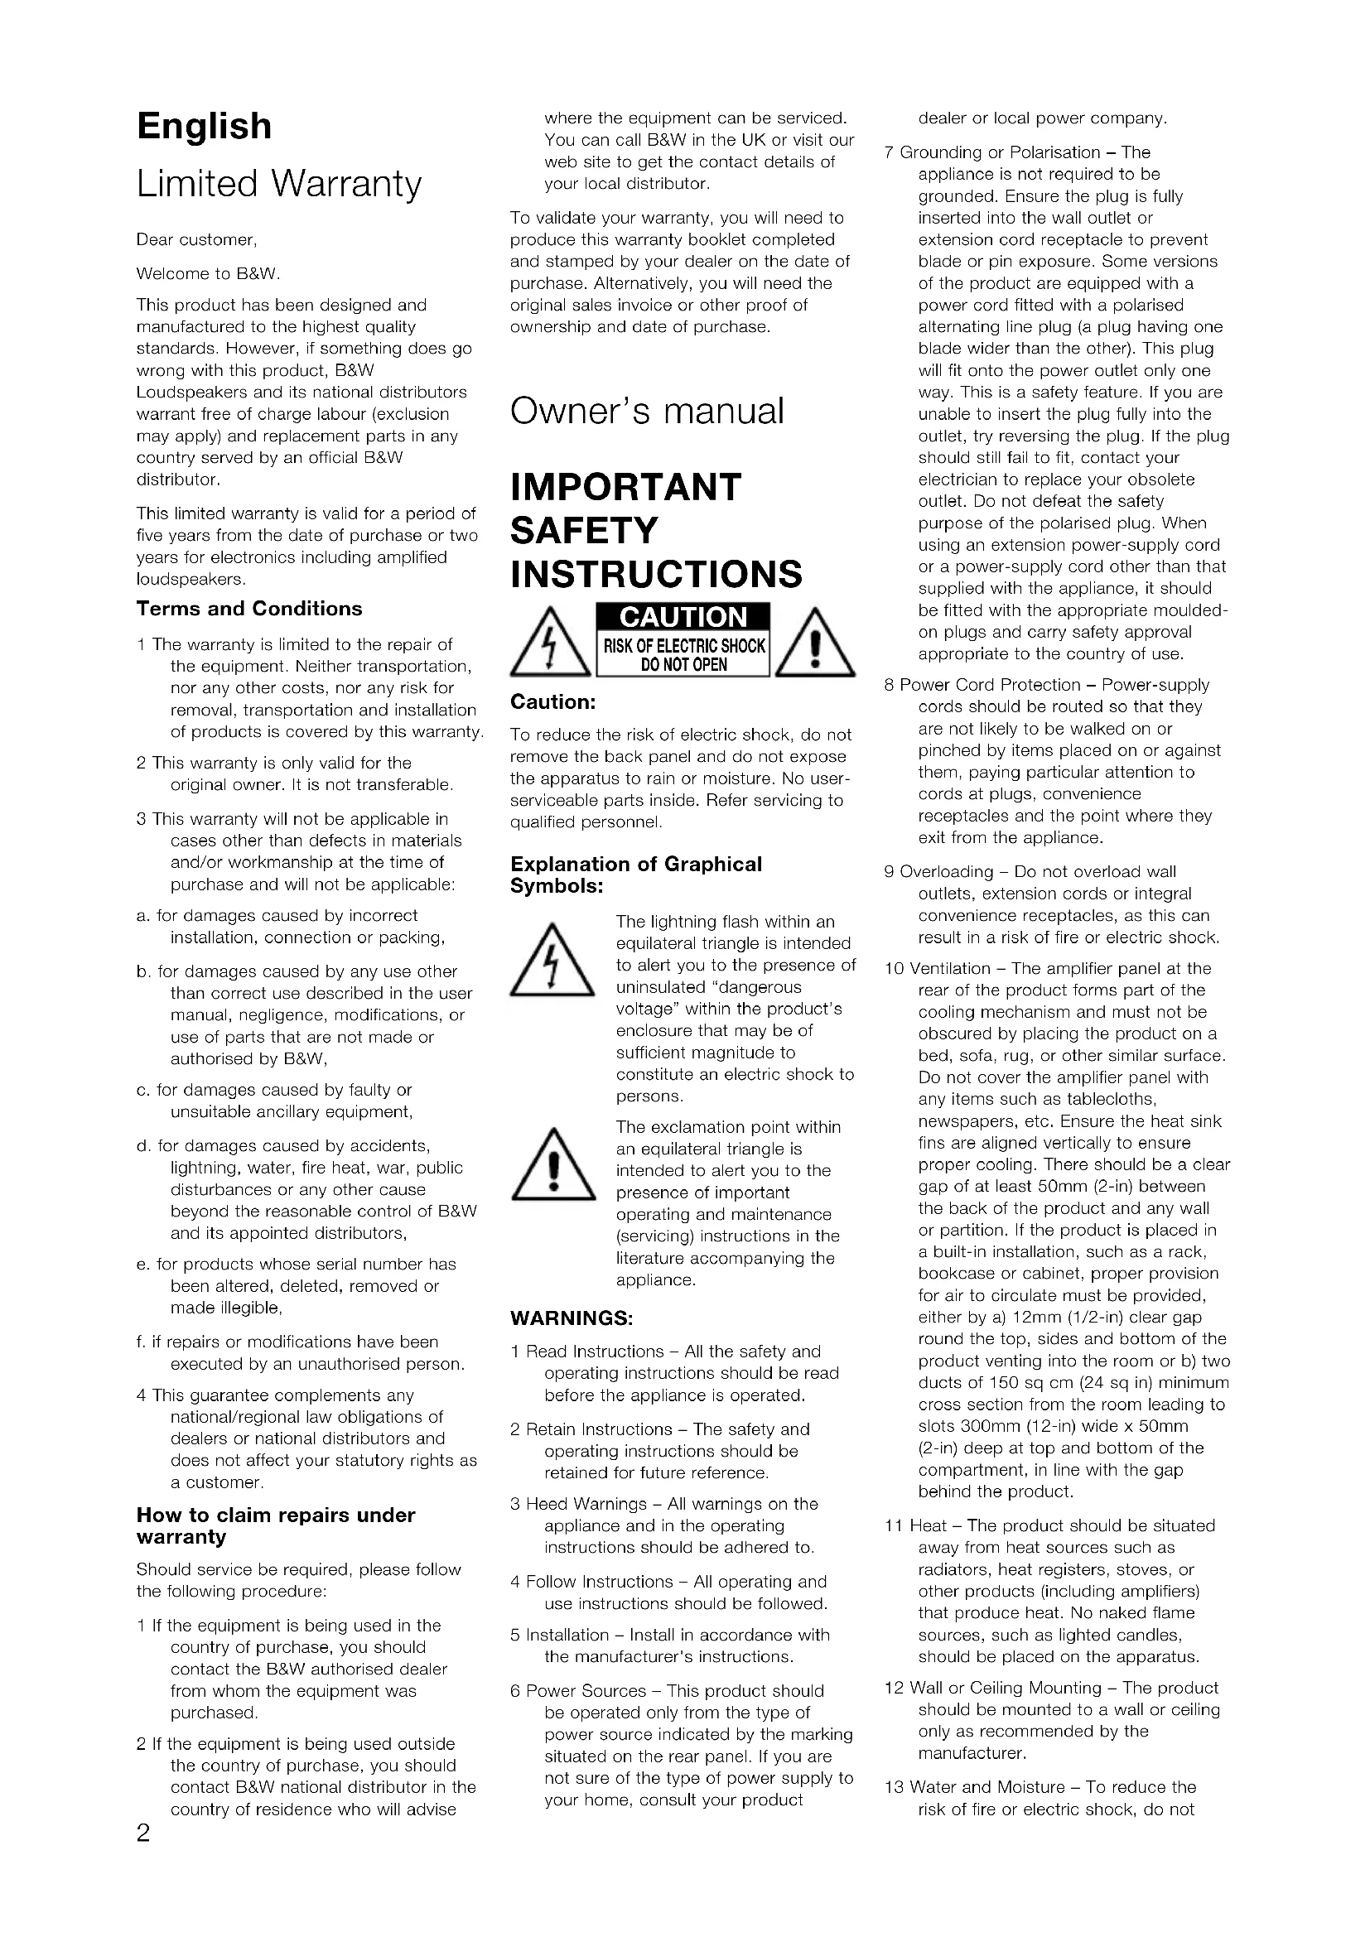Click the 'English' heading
pos(204,127)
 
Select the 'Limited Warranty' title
pos(278,184)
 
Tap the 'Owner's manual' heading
pos(647,411)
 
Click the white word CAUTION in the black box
pos(683,618)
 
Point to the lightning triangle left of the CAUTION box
pos(549,645)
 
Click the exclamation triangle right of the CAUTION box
pos(814,645)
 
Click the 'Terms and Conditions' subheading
pos(248,609)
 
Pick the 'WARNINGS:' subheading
pos(572,1318)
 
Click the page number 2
pos(143,1833)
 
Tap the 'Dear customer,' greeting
pos(196,239)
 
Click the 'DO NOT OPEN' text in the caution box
pos(683,665)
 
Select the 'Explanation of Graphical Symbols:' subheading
pos(635,875)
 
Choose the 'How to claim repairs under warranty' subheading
pos(275,1525)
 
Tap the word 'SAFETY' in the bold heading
pos(584,531)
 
